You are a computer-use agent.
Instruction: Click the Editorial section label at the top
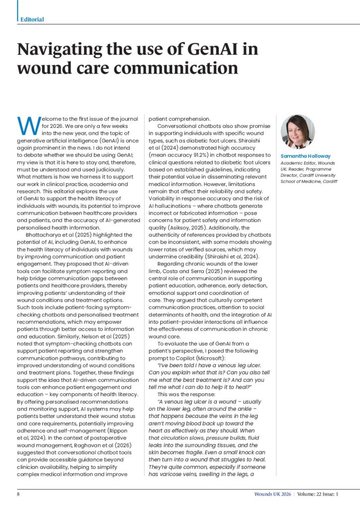pos(32,19)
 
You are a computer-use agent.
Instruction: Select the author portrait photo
pos(298,131)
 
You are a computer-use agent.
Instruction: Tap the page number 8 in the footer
pos(18,495)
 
